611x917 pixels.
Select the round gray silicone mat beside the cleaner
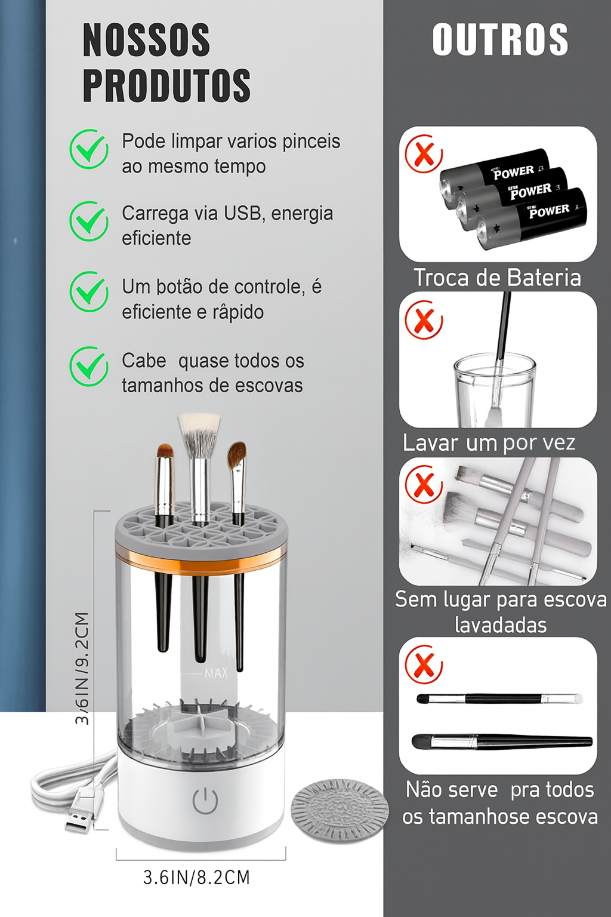(340, 811)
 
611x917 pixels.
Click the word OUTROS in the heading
(500, 39)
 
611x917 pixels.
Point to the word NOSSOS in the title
(147, 40)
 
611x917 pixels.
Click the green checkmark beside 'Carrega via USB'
(89, 221)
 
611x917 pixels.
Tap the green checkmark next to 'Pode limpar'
(89, 149)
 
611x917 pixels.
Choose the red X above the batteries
(424, 154)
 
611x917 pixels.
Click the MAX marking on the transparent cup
(216, 673)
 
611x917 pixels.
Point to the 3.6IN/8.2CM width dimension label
(196, 877)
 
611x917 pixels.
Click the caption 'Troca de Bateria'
(498, 278)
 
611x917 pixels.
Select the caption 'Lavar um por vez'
(489, 443)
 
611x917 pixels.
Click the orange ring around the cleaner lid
(201, 554)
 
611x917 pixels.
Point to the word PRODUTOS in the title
(167, 85)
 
